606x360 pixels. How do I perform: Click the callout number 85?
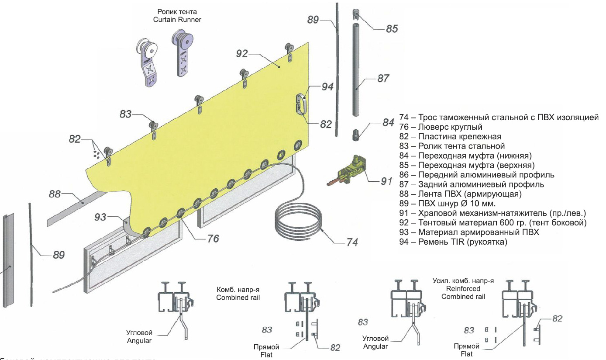pos(392,29)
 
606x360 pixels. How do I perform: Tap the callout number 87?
pos(383,79)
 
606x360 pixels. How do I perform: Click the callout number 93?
pos(101,216)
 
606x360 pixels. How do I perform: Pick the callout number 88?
pos(55,194)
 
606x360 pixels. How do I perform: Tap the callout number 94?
pos(327,87)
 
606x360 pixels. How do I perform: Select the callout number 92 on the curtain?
pos(242,54)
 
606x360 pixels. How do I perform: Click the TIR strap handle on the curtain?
pos(301,103)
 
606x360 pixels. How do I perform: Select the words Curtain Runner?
pos(177,20)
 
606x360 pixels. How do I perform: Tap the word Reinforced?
pos(463,289)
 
